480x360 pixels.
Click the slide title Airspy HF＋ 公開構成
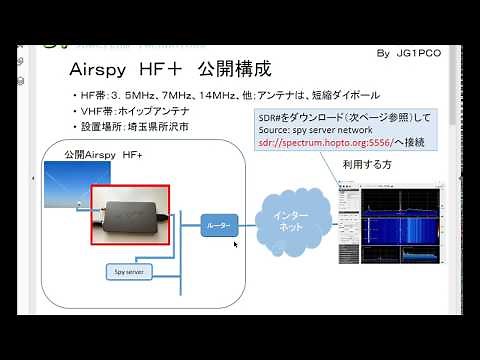169,71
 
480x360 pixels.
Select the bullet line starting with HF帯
224,96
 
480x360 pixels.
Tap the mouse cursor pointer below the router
236,246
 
